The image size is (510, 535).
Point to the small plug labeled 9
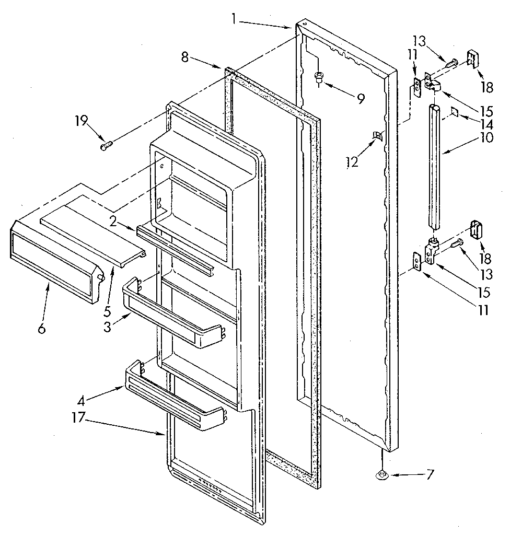coord(318,78)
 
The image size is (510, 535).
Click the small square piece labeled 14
coord(453,111)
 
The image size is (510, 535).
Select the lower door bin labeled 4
coord(172,400)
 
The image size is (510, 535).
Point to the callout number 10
coord(486,138)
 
